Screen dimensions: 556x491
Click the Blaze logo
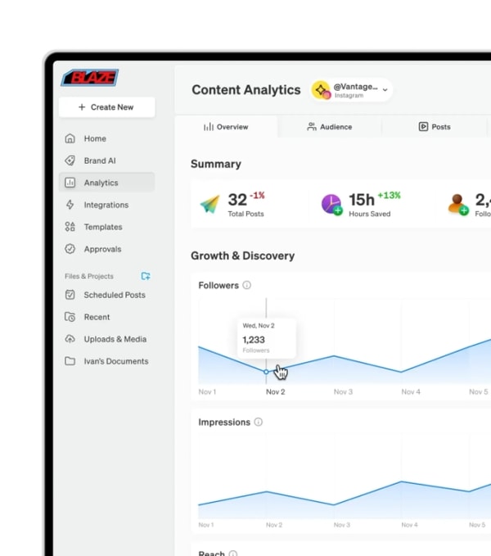90,78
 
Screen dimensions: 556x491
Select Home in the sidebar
95,138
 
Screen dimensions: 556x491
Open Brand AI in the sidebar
99,160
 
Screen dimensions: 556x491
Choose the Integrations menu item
106,205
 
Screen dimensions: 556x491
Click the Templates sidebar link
102,227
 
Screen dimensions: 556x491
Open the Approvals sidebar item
102,249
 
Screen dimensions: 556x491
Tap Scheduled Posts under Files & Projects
114,295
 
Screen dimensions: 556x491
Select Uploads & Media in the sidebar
115,339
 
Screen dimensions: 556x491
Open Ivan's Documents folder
115,361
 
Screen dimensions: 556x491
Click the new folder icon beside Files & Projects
146,276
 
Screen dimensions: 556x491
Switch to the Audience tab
330,127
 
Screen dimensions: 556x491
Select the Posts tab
435,127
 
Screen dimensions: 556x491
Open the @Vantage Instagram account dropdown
352,90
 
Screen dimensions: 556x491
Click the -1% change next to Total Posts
258,196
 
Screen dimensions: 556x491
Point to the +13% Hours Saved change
389,196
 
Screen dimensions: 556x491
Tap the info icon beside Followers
247,286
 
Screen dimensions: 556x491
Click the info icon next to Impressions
259,423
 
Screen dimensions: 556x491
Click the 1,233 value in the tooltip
254,339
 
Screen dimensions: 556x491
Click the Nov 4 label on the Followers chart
411,392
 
